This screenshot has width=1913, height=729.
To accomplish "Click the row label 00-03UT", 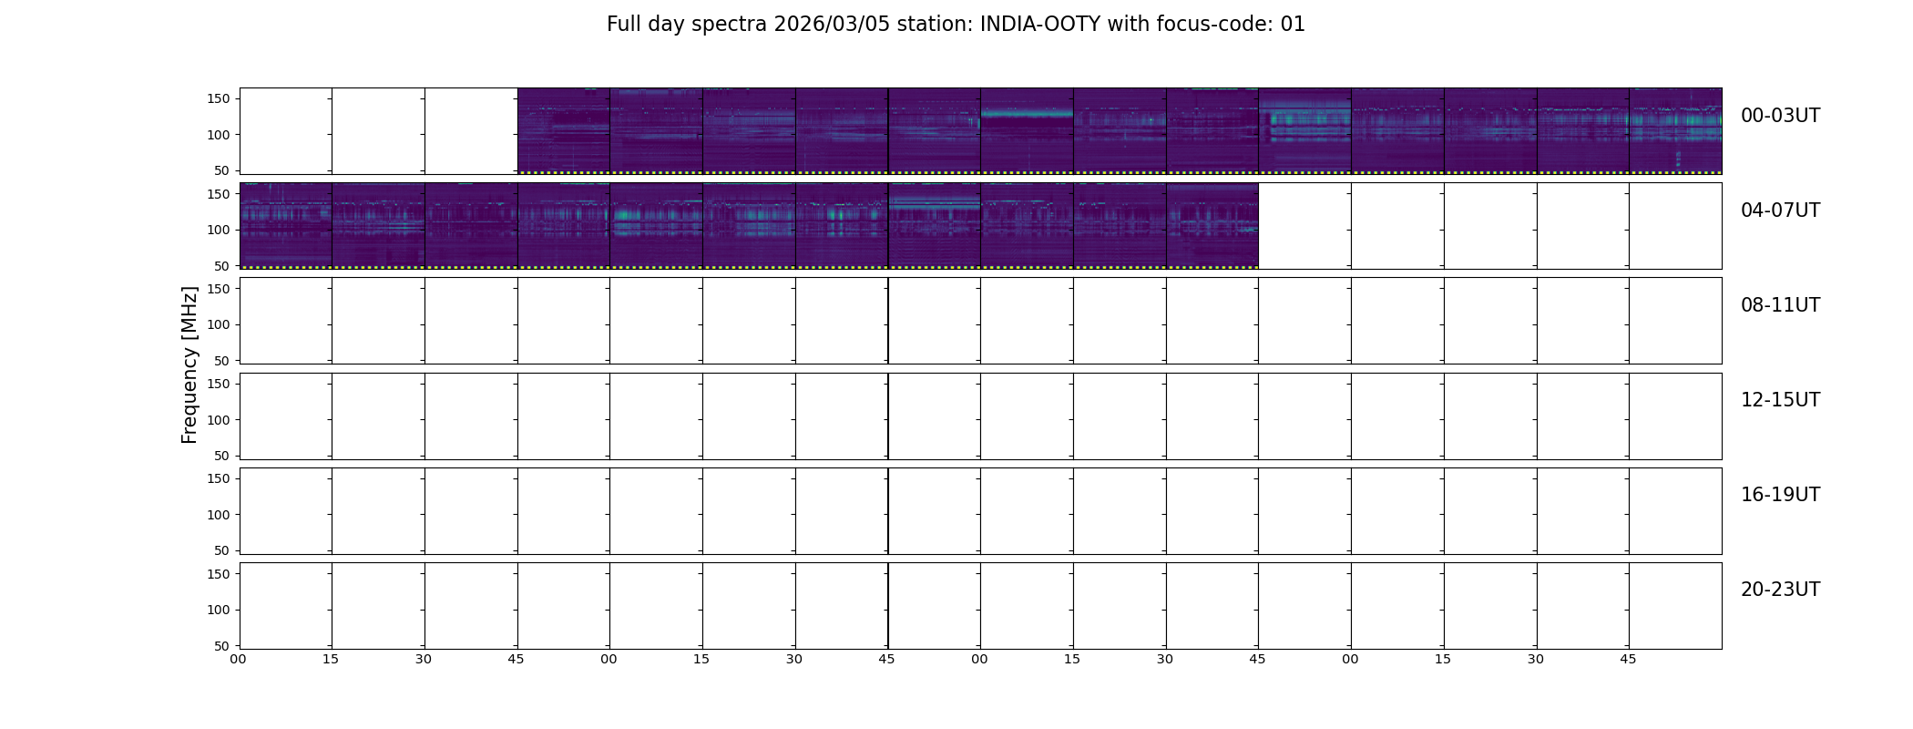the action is point(1780,116).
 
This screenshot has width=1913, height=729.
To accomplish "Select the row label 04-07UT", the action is point(1780,210).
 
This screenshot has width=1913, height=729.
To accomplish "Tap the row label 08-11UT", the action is point(1780,305).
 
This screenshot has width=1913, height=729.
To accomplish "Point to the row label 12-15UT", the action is point(1780,400).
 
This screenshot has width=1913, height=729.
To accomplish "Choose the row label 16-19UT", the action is point(1780,495).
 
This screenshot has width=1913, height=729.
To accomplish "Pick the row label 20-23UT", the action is point(1780,590).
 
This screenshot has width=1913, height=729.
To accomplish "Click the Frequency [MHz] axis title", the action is point(189,364).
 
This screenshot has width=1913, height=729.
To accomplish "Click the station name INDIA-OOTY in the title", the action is point(1040,25).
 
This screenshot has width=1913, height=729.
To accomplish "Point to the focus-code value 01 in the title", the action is point(1293,25).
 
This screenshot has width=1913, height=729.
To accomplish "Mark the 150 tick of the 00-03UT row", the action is point(219,99).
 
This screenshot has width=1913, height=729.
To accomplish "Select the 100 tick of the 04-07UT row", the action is point(219,231).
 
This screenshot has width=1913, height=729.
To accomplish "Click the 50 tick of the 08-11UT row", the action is point(222,361).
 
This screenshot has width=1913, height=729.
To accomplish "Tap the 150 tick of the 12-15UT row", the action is point(219,384).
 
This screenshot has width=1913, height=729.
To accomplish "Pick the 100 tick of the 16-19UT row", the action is point(219,515).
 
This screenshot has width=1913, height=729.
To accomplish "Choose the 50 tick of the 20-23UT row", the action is point(222,646).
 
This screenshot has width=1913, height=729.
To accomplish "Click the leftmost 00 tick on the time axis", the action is point(239,659).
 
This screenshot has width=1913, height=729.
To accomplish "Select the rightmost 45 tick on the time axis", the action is point(1628,659).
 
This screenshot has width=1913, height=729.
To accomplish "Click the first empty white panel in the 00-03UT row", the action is point(286,131).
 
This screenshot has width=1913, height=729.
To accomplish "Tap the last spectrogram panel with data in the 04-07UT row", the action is point(1212,226).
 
